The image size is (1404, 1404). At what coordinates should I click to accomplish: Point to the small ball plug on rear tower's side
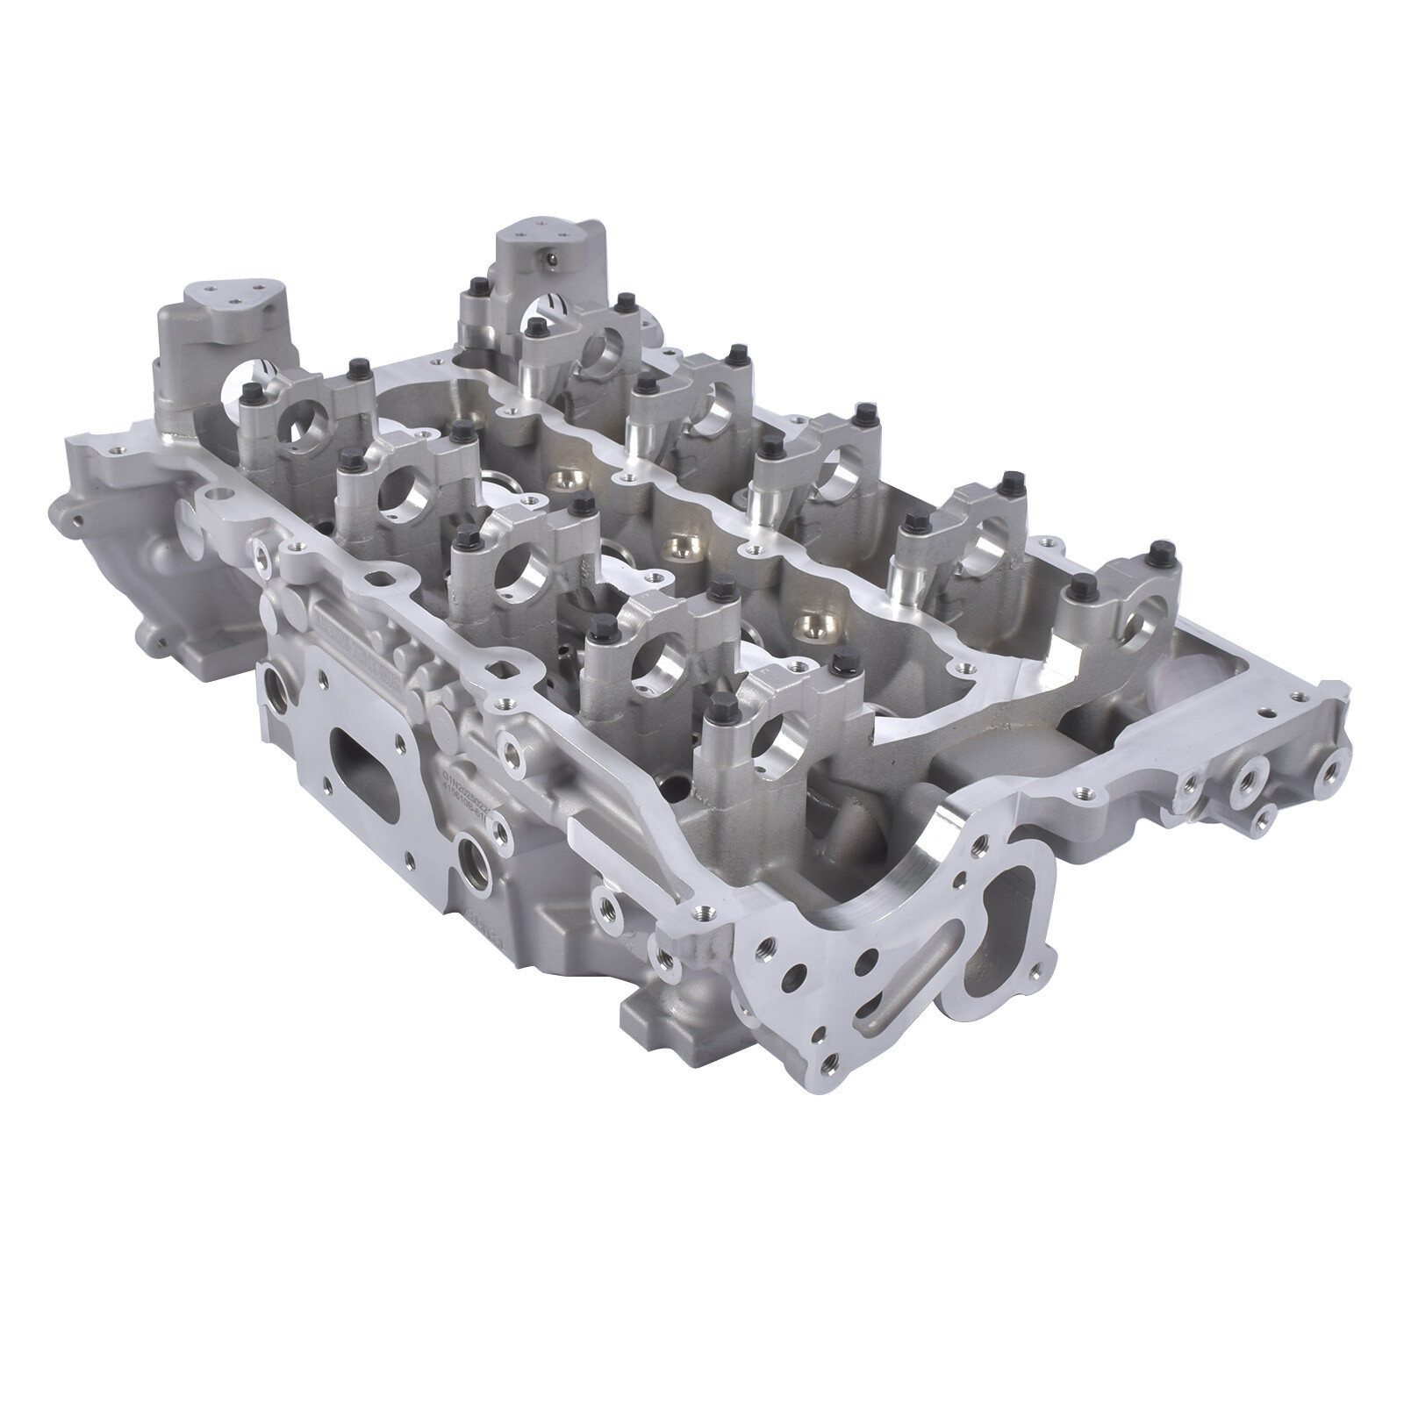click(x=550, y=259)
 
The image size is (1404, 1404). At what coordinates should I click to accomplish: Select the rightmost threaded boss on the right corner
click(x=1331, y=770)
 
